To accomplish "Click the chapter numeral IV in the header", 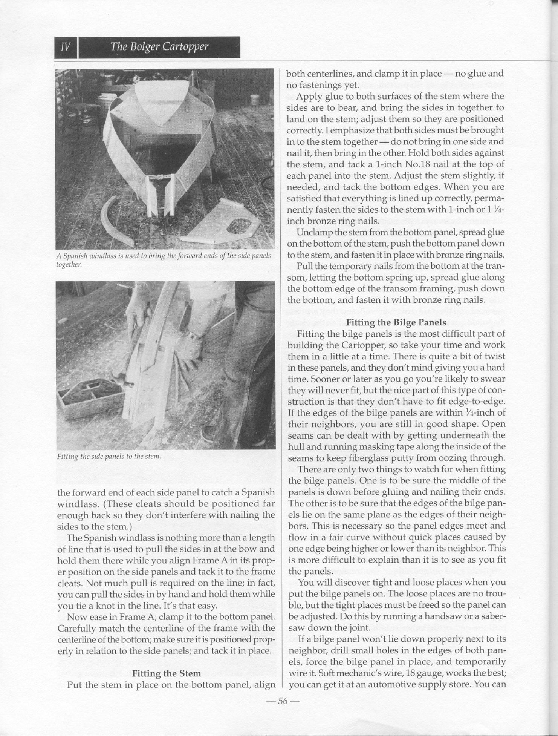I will pyautogui.click(x=66, y=47).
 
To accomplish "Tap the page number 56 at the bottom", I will pyautogui.click(x=283, y=701).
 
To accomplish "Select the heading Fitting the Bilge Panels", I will pyautogui.click(x=396, y=322).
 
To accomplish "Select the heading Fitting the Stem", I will pyautogui.click(x=166, y=673).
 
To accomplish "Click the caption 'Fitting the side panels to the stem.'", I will pyautogui.click(x=109, y=457).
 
